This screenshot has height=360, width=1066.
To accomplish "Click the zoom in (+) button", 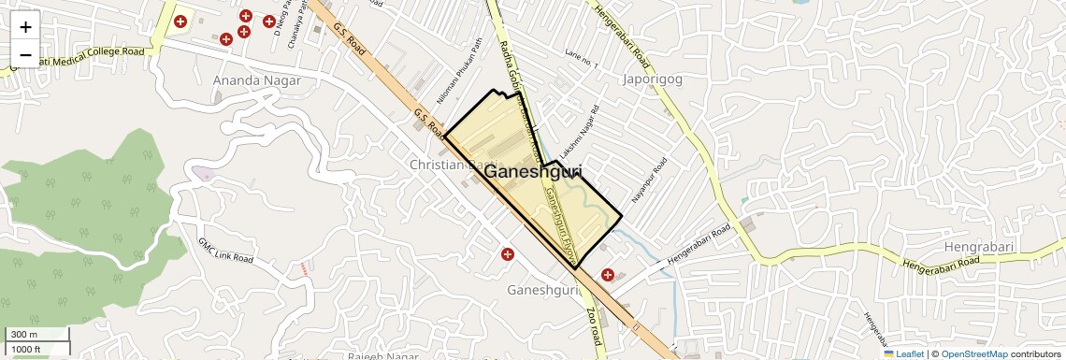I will tap(25, 26).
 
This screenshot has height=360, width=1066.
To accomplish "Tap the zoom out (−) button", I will tap(25, 55).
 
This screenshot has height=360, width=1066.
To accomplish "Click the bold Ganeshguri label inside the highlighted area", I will tap(534, 172).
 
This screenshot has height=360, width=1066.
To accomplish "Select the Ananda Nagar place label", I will tap(257, 80).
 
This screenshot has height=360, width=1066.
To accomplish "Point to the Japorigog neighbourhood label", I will tap(652, 79).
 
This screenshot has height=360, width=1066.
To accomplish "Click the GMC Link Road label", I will tap(225, 250).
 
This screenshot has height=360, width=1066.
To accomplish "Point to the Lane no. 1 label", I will tap(581, 58).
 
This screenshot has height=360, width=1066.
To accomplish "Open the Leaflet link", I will tap(904, 354).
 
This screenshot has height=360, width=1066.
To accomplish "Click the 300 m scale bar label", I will tap(23, 335).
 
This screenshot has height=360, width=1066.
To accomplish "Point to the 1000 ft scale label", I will tap(26, 349).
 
